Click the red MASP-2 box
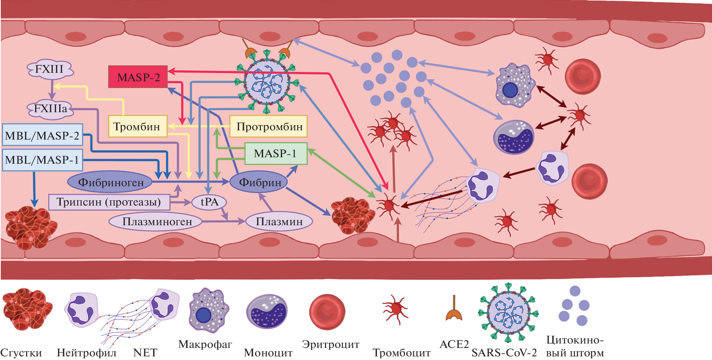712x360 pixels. point(138,77)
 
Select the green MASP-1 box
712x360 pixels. point(276,154)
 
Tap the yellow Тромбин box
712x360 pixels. point(137,127)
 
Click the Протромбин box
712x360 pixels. point(269,127)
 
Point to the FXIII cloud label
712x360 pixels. point(49,69)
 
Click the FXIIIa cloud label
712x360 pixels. point(51,109)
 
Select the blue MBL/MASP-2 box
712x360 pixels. point(42,135)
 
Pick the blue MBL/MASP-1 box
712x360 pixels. point(42,160)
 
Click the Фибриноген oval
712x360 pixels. point(110,182)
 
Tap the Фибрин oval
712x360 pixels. point(260,182)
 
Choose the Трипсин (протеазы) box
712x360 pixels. point(109,202)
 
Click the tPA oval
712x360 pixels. point(209,202)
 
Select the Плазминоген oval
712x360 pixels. point(157,221)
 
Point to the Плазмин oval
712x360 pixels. point(279,221)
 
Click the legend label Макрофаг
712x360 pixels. point(205,344)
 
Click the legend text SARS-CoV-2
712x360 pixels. point(504,353)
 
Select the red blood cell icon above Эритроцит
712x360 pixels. point(327,312)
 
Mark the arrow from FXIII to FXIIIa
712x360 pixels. point(51,89)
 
